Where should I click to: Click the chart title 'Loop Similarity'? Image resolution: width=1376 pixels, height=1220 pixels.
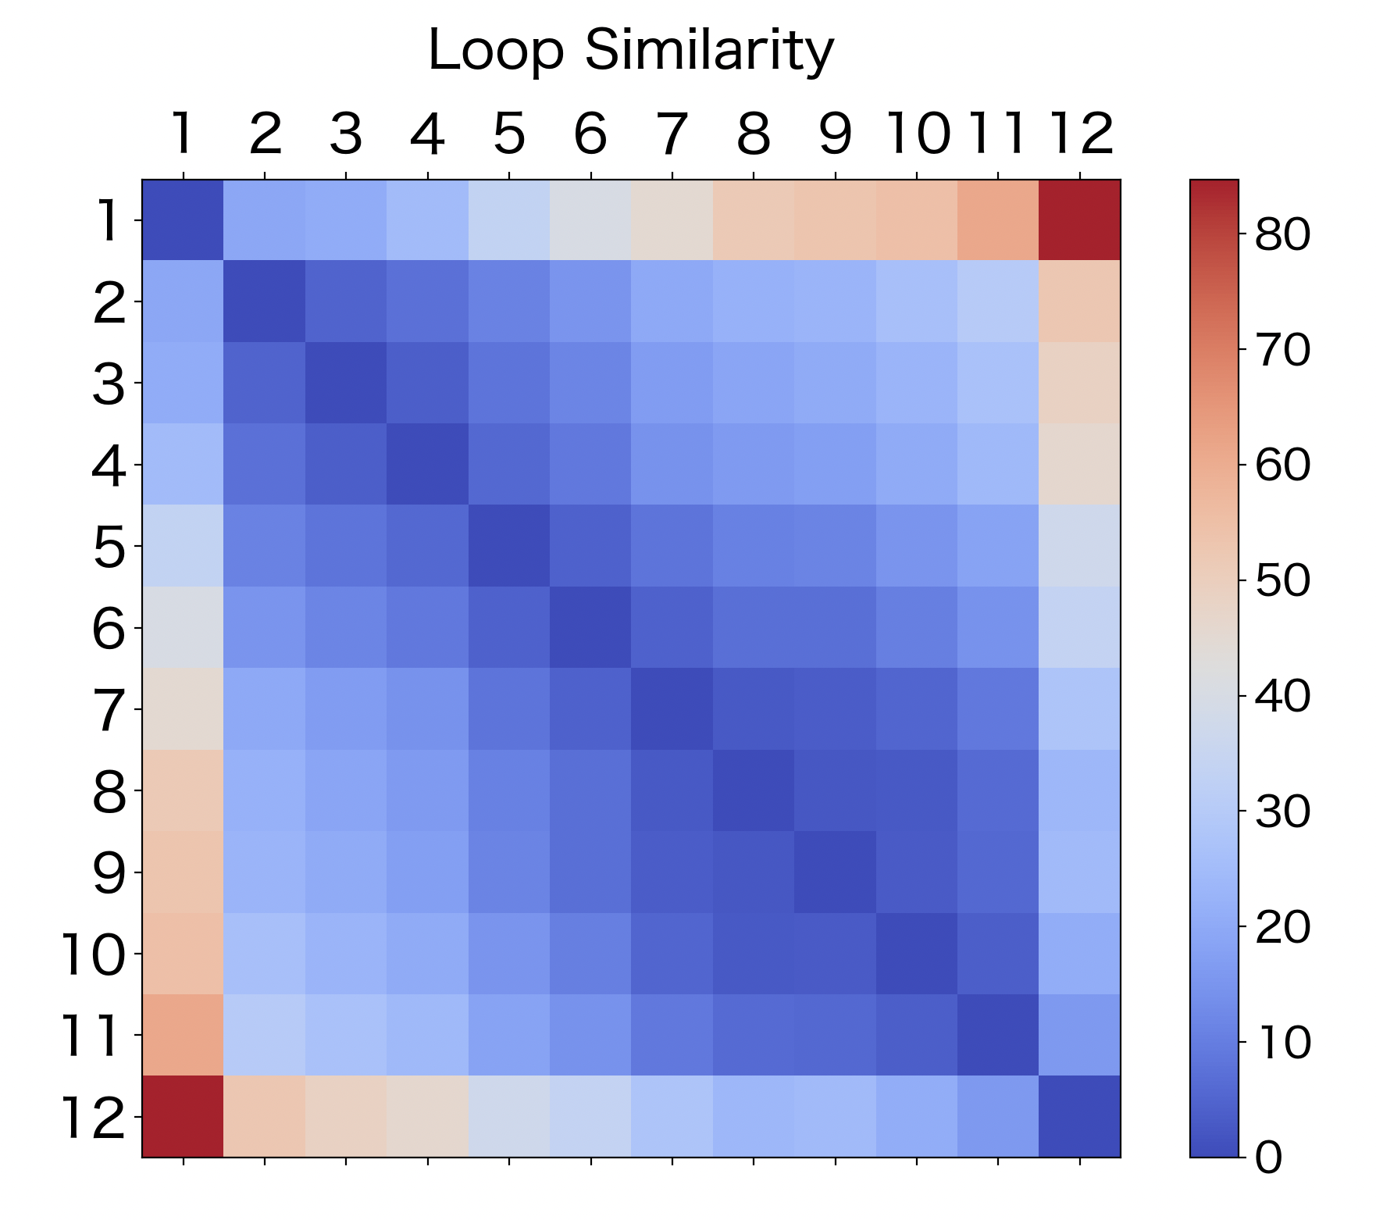pyautogui.click(x=631, y=51)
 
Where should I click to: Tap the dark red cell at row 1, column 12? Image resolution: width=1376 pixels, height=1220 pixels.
pyautogui.click(x=1079, y=220)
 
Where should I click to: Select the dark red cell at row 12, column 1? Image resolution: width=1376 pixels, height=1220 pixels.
pyautogui.click(x=183, y=1116)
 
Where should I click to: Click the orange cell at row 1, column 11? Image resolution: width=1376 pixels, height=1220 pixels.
pyautogui.click(x=998, y=220)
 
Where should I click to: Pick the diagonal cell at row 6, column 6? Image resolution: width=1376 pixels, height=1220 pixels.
pyautogui.click(x=590, y=627)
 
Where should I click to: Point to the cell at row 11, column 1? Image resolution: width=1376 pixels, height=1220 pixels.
pyautogui.click(x=183, y=1035)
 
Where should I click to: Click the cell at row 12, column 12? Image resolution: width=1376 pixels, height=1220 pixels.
pyautogui.click(x=1079, y=1116)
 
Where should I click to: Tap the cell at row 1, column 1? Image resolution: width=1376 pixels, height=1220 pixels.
pyautogui.click(x=183, y=220)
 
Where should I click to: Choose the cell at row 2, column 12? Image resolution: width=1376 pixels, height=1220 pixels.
pyautogui.click(x=1079, y=301)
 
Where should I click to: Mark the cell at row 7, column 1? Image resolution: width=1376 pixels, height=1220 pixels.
pyautogui.click(x=183, y=709)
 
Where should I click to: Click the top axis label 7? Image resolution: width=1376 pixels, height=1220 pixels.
pyautogui.click(x=672, y=134)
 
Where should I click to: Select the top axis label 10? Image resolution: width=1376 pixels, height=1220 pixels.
pyautogui.click(x=918, y=134)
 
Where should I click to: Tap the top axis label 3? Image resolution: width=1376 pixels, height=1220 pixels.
pyautogui.click(x=345, y=134)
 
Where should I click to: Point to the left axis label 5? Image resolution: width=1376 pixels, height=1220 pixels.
pyautogui.click(x=108, y=547)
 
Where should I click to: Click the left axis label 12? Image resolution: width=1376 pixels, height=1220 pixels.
pyautogui.click(x=92, y=1118)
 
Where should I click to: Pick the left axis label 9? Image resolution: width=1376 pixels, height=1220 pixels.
pyautogui.click(x=108, y=872)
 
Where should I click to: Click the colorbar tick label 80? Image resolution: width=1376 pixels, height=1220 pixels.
pyautogui.click(x=1282, y=235)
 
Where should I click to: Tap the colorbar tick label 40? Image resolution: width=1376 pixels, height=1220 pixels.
pyautogui.click(x=1282, y=696)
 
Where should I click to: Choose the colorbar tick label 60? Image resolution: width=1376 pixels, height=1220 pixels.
pyautogui.click(x=1282, y=466)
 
